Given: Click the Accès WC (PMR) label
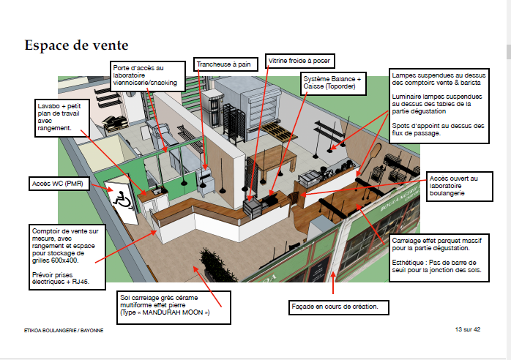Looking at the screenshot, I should (x=57, y=182).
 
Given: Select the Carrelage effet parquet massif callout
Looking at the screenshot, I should (x=436, y=256).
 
